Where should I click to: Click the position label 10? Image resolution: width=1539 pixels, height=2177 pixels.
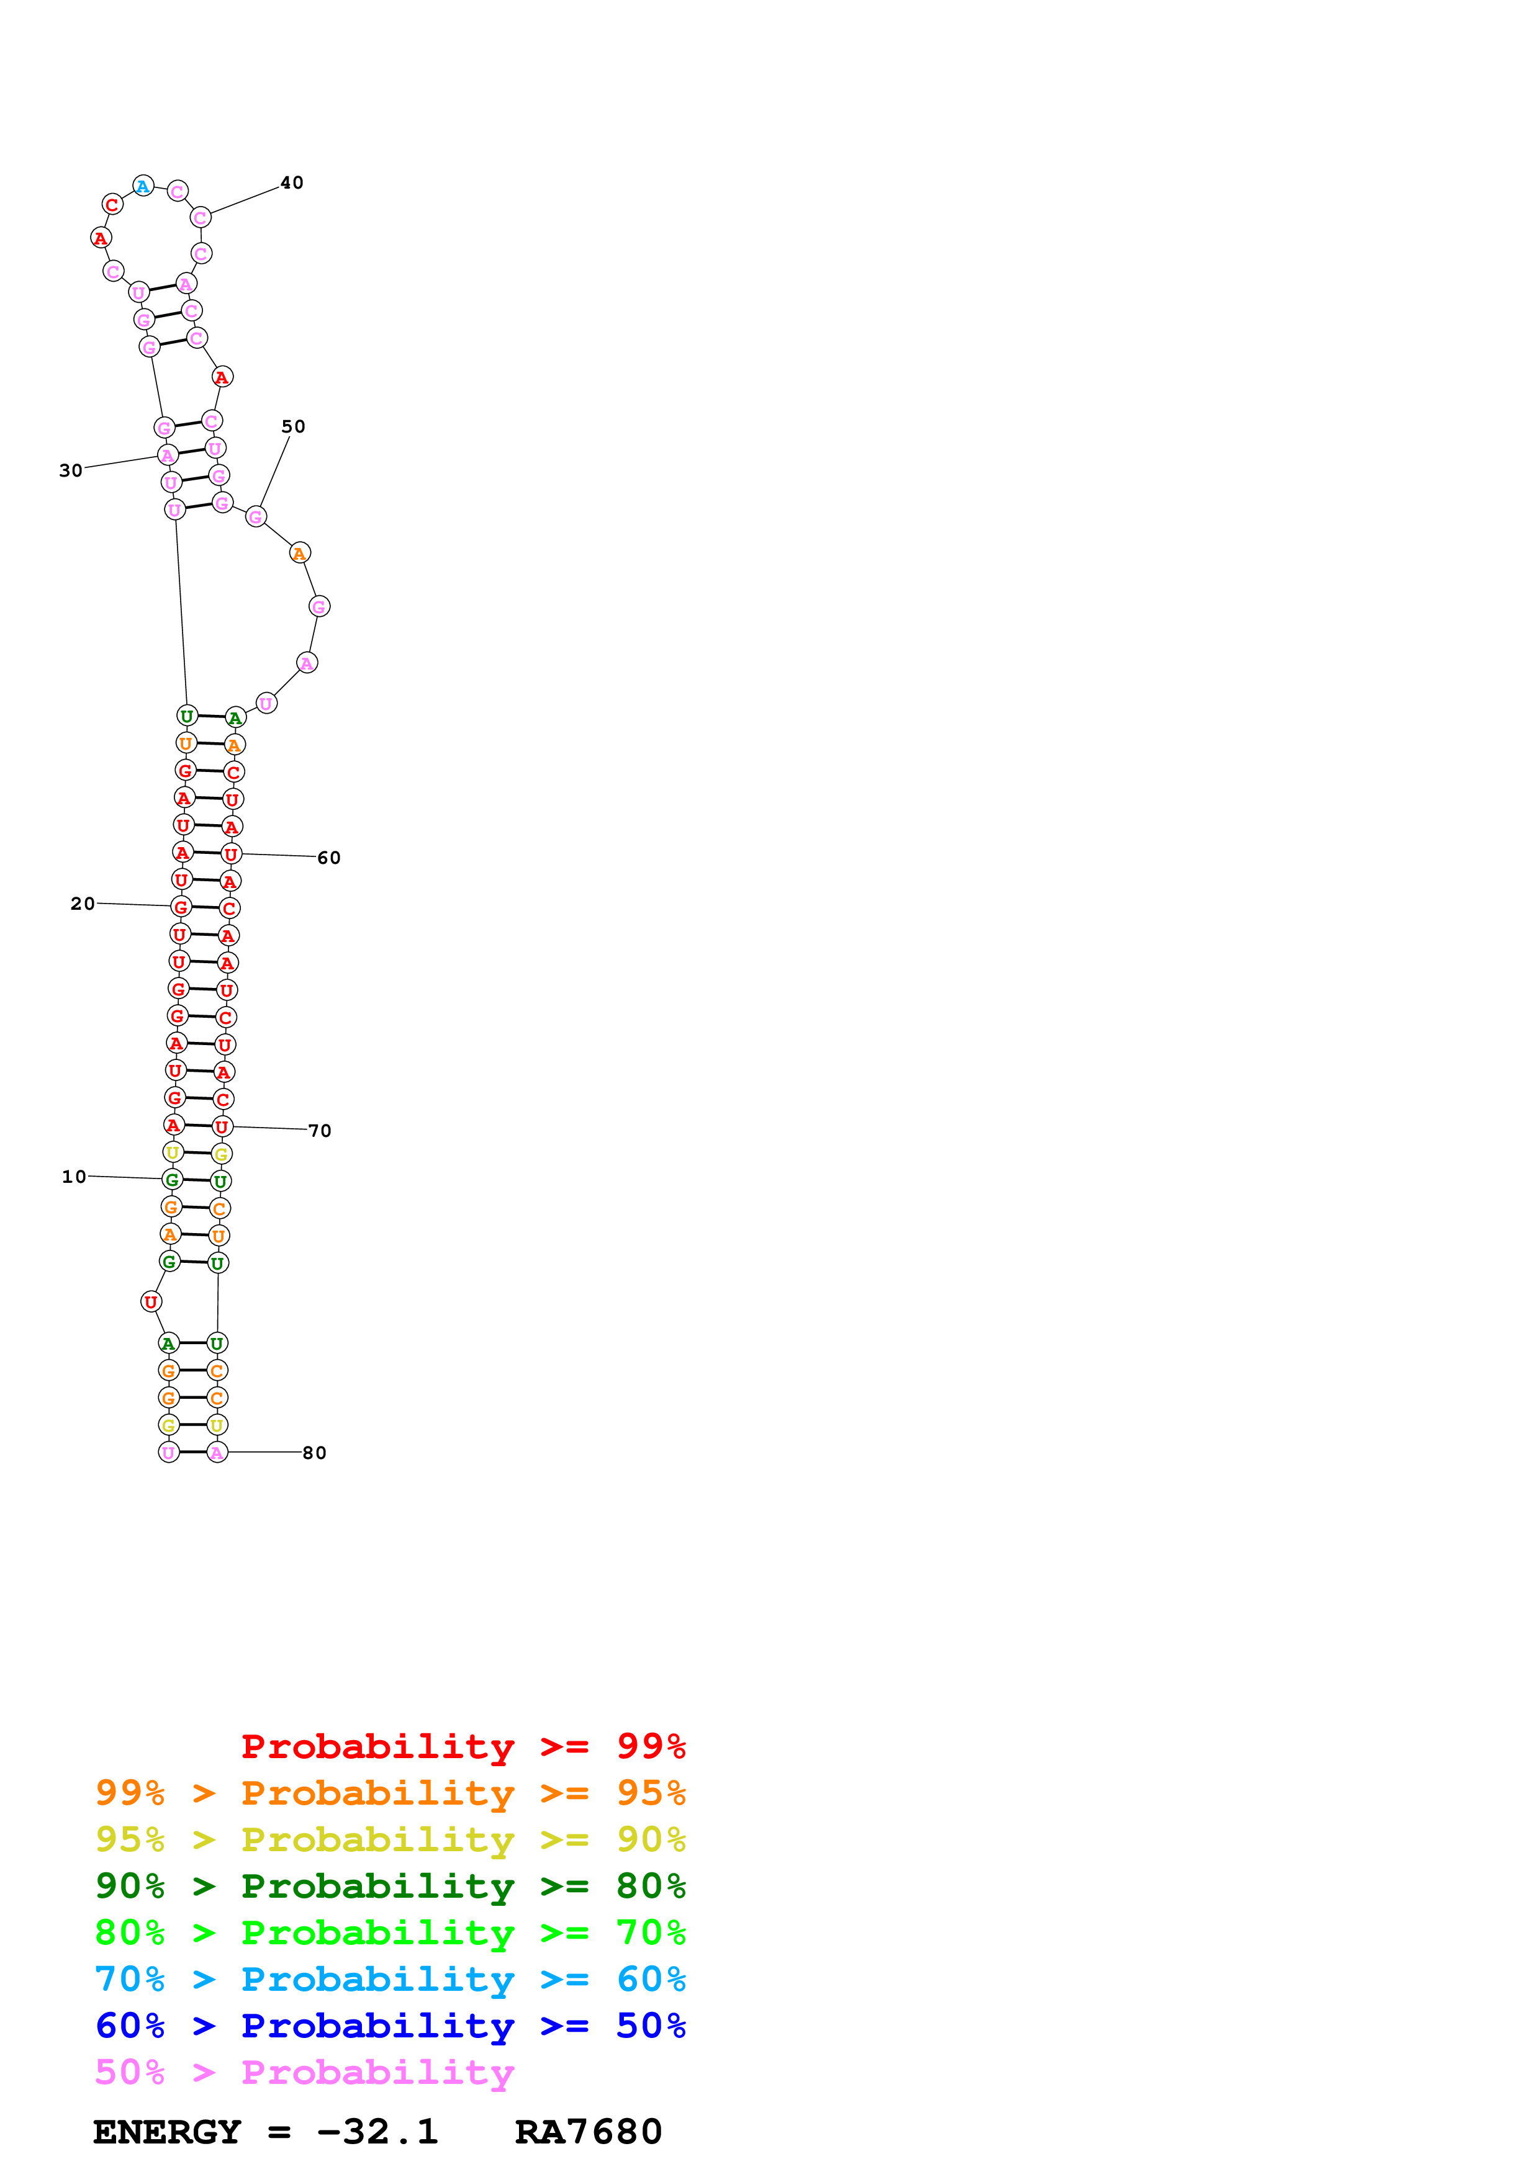pyautogui.click(x=74, y=1177)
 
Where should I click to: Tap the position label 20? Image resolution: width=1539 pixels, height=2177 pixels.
pyautogui.click(x=83, y=904)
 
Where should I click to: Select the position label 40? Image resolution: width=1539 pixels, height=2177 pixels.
pyautogui.click(x=292, y=183)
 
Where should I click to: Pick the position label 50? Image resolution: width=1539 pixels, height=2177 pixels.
pyautogui.click(x=293, y=427)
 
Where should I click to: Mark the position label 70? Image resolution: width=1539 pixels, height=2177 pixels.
pyautogui.click(x=320, y=1131)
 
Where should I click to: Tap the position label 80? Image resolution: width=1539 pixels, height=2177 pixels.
pyautogui.click(x=315, y=1453)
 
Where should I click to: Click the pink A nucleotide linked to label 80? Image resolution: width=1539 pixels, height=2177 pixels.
pyautogui.click(x=217, y=1453)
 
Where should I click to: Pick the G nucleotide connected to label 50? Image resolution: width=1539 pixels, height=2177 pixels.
pyautogui.click(x=255, y=517)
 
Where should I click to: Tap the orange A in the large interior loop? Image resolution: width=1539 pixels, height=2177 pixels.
pyautogui.click(x=300, y=553)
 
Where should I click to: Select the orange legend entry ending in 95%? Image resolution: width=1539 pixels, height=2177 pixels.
pyautogui.click(x=390, y=1793)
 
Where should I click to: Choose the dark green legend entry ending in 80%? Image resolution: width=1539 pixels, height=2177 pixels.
pyautogui.click(x=390, y=1886)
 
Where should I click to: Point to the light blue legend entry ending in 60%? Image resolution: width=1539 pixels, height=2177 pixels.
pyautogui.click(x=390, y=1979)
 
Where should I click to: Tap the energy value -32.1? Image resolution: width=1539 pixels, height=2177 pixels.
pyautogui.click(x=377, y=2132)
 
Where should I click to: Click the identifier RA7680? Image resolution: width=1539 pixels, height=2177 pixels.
pyautogui.click(x=588, y=2132)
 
